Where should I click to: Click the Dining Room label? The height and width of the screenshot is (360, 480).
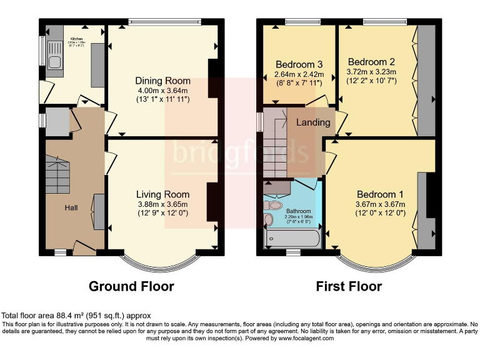(x=162, y=81)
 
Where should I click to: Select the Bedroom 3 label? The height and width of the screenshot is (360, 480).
(x=299, y=64)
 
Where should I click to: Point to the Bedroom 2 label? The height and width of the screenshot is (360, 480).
(x=371, y=62)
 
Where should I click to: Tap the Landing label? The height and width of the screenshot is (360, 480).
(x=313, y=122)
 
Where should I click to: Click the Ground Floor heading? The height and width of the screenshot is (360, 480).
(x=131, y=286)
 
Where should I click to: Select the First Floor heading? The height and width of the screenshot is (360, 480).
(x=349, y=286)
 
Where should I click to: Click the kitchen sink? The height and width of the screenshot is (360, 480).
(x=53, y=61)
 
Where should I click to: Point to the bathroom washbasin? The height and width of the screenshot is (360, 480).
(x=276, y=204)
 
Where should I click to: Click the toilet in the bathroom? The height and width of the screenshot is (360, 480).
(x=269, y=220)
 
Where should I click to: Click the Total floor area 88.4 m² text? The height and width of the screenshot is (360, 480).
(x=76, y=316)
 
